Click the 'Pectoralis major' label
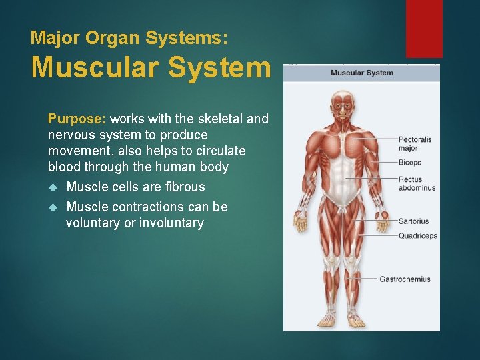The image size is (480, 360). [415, 143]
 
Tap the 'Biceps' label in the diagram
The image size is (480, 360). [409, 163]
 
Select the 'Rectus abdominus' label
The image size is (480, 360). [417, 183]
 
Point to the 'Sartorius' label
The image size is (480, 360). [413, 221]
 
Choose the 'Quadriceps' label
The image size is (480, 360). [417, 235]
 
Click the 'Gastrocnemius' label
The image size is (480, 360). [405, 279]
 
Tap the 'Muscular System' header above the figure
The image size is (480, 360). [361, 73]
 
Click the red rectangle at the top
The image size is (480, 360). [424, 28]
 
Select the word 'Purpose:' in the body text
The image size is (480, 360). [77, 119]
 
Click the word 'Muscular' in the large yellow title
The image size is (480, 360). [93, 67]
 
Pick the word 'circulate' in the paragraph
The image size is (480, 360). [219, 151]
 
